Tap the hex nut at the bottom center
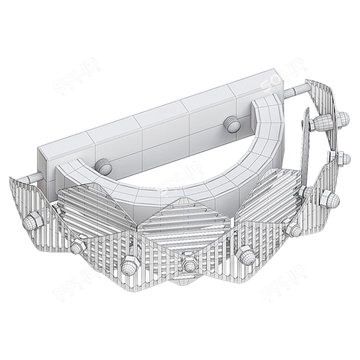188,264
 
